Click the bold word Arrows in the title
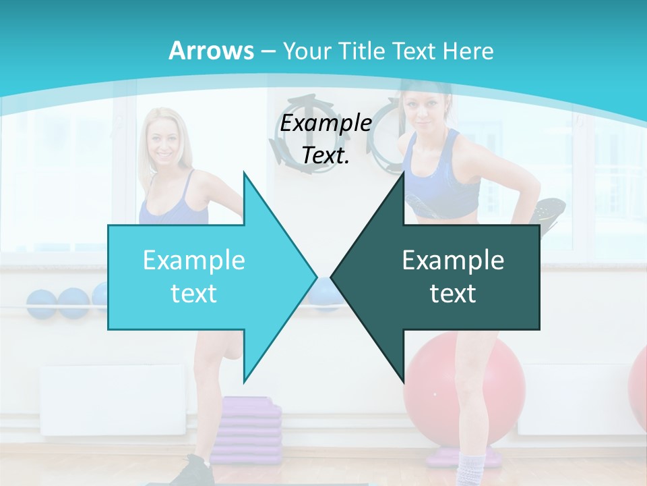211,51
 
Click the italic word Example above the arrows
326,124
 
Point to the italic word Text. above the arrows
326,155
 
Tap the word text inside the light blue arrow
193,294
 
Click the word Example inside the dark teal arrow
453,261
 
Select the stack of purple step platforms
251,425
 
